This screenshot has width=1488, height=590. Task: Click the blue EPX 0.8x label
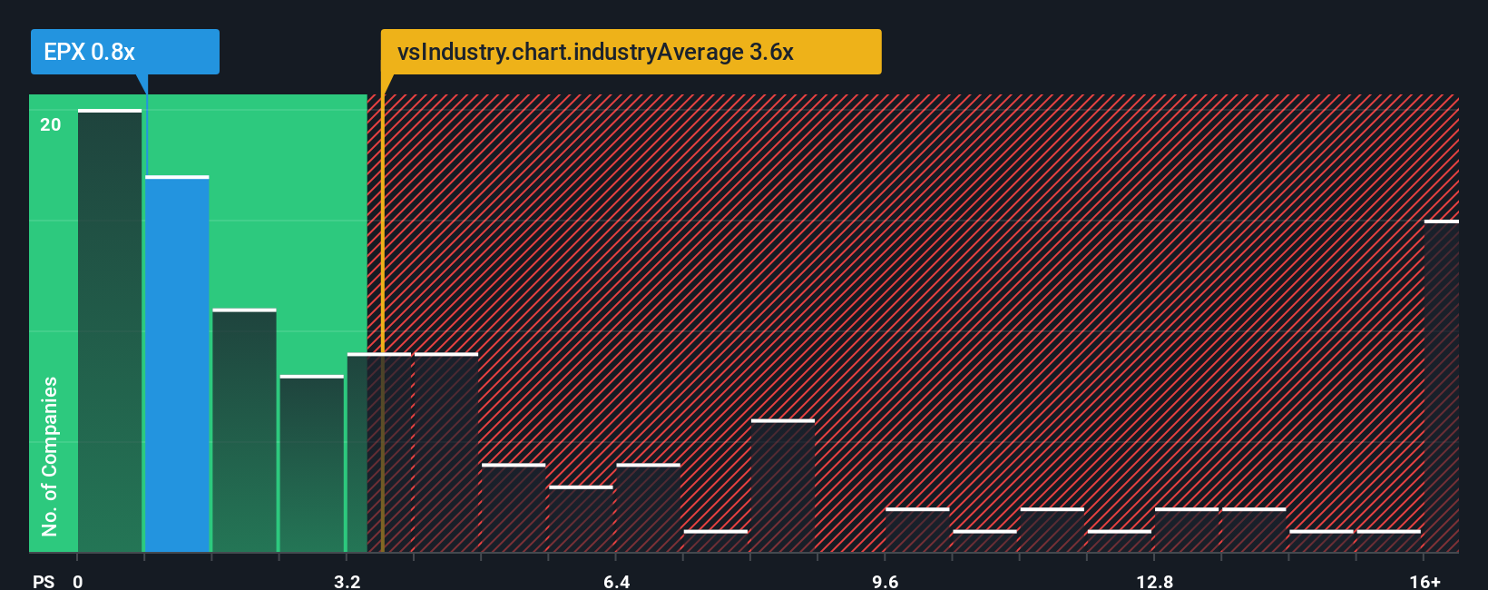[x=124, y=52]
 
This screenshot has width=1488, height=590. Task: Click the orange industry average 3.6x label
[x=631, y=52]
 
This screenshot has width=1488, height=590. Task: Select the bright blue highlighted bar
[x=177, y=363]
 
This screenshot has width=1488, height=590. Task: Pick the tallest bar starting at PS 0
[x=110, y=331]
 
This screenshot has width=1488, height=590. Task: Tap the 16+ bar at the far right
[x=1441, y=386]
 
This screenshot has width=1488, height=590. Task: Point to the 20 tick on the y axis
[x=51, y=125]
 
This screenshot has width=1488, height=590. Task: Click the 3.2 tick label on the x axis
[x=347, y=581]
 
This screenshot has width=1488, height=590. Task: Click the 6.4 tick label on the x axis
[x=616, y=581]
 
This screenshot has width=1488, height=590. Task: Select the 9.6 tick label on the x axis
[x=885, y=581]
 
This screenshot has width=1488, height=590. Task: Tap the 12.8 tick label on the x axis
[x=1154, y=581]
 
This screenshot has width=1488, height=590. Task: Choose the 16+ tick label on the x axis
[x=1424, y=581]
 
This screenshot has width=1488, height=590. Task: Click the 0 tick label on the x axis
[x=78, y=581]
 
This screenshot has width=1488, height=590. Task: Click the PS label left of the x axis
[x=44, y=581]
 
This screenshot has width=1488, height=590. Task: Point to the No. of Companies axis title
[x=50, y=456]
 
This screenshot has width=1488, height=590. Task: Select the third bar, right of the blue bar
[x=244, y=431]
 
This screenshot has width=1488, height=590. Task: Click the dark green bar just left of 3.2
[x=311, y=464]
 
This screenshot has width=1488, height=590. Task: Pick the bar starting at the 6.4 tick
[x=648, y=508]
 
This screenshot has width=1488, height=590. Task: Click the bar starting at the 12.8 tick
[x=1186, y=530]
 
